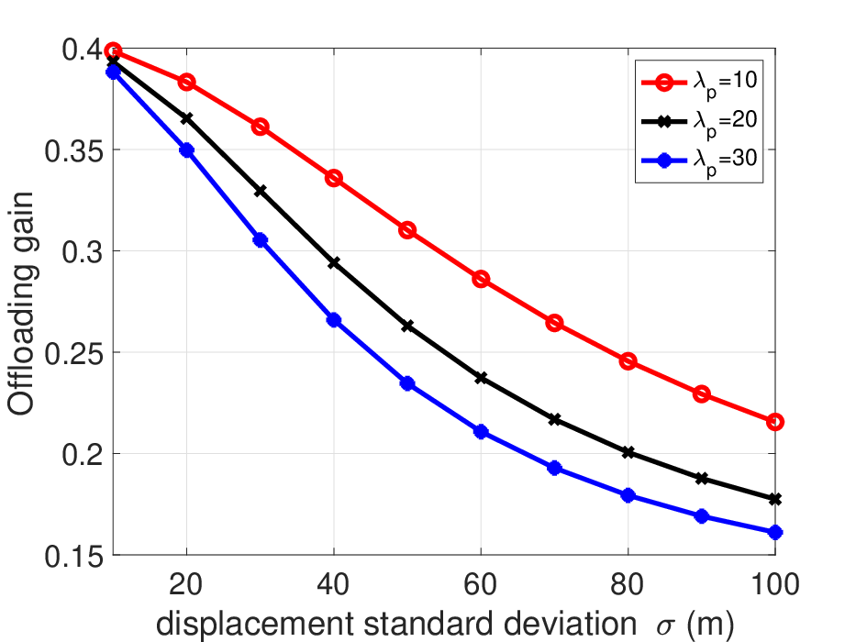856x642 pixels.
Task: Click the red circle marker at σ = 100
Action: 774,422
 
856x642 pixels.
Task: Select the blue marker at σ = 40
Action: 334,320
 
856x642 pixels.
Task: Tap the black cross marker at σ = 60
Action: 481,377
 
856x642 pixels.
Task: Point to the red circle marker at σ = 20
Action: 186,83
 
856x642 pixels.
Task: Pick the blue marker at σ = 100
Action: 774,532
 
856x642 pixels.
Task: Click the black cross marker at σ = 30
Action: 261,191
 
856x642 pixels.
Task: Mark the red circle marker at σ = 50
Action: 407,230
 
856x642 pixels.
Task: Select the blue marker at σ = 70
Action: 554,468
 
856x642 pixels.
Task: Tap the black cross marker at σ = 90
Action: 702,478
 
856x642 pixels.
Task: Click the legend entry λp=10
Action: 699,83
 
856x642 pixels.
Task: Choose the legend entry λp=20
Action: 699,121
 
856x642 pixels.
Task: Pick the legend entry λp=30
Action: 699,160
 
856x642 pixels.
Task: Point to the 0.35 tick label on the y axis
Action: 73,151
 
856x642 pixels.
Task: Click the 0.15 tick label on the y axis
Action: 73,557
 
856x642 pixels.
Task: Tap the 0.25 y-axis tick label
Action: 73,354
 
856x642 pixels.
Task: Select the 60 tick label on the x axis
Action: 481,584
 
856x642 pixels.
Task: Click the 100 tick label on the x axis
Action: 775,584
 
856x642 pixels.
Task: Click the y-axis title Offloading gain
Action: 21,304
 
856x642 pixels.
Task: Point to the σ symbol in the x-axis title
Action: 666,626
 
